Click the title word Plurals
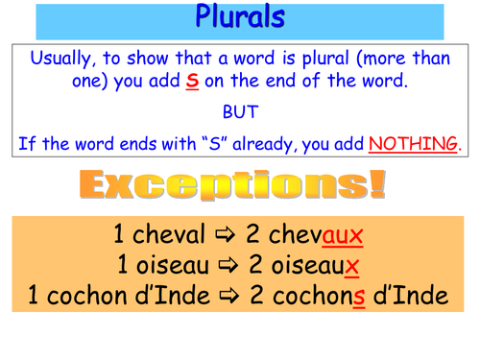click(x=240, y=16)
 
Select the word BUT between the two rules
click(x=240, y=111)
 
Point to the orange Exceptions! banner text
click(x=240, y=182)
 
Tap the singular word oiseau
click(x=171, y=265)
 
